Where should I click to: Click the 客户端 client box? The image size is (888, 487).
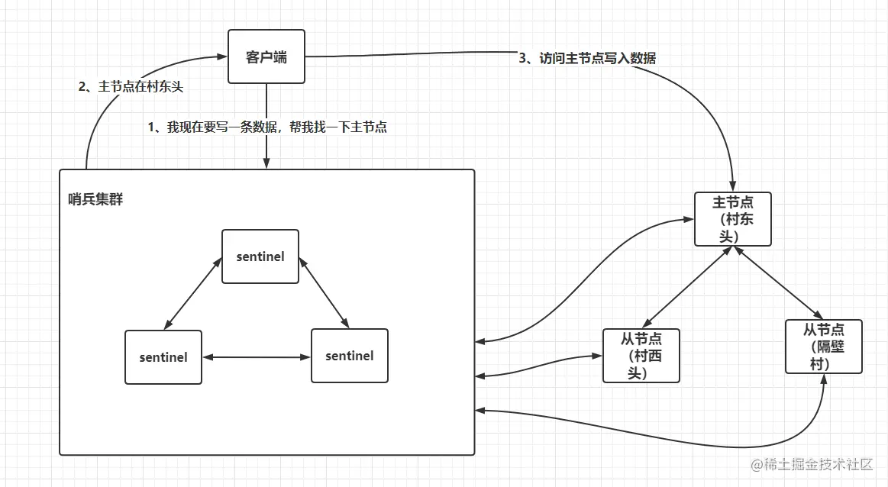point(266,56)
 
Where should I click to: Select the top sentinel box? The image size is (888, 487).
point(260,256)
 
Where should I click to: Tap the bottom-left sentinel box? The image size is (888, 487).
point(163,356)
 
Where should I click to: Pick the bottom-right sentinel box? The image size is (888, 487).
point(349,356)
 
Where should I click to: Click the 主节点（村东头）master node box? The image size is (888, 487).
point(732,219)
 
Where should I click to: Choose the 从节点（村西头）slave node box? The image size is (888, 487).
point(641,356)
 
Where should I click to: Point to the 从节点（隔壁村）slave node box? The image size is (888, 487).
point(823,347)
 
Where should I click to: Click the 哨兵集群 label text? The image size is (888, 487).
point(95,200)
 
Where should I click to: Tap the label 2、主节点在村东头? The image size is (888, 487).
point(131,87)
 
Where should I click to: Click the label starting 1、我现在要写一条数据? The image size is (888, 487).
point(267,127)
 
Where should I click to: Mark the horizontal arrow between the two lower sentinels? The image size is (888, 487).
point(257,356)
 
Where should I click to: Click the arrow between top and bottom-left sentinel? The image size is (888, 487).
point(192,293)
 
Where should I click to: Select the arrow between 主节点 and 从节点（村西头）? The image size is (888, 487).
point(686,287)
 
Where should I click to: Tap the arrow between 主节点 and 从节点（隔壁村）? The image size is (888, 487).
point(777,282)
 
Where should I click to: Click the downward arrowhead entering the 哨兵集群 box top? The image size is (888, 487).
point(266,164)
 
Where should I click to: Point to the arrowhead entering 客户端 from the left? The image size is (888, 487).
point(223,56)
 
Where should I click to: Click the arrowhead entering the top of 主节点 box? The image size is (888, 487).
point(733,187)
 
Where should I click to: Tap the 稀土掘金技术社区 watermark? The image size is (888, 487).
point(811,464)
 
